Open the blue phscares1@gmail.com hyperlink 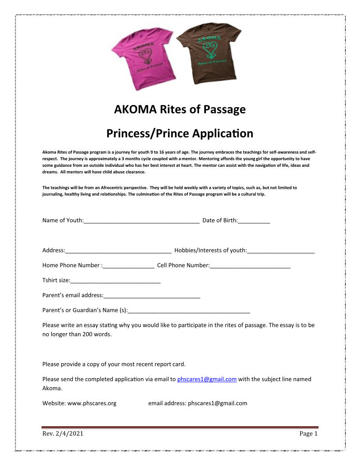[207, 380]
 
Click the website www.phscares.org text [92, 403]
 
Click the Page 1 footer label [308, 434]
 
